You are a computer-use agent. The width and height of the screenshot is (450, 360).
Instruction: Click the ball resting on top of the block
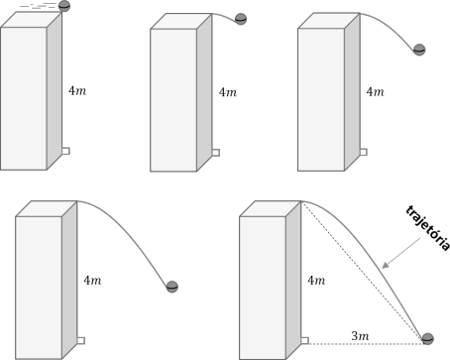(x=64, y=6)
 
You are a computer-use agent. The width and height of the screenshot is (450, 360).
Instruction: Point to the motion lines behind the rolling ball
(x=39, y=6)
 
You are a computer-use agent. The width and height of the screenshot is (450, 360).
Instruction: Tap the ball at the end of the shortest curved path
(x=241, y=19)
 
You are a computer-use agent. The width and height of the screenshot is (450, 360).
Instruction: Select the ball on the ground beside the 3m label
(x=427, y=339)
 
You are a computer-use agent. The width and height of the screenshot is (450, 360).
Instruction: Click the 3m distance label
(x=360, y=336)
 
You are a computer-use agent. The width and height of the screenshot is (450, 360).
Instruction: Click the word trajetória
(x=428, y=228)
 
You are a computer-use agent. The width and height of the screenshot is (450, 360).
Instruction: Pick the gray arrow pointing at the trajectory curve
(x=400, y=253)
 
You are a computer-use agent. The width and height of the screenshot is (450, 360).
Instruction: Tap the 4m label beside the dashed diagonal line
(x=316, y=281)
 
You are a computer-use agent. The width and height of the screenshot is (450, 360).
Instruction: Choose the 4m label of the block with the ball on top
(x=77, y=90)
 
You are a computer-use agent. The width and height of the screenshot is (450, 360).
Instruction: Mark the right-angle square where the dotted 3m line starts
(x=305, y=340)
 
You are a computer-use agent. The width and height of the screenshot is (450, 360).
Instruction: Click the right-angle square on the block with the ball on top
(x=65, y=151)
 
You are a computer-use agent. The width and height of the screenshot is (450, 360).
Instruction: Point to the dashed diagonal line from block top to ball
(x=362, y=270)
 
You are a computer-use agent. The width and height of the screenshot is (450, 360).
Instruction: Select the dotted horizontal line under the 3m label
(x=365, y=344)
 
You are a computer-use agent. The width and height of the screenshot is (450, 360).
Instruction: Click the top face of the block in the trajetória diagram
(x=271, y=209)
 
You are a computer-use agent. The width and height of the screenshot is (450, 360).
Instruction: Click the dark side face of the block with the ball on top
(x=55, y=90)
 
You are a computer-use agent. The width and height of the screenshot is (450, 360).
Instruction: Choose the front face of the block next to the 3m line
(x=263, y=288)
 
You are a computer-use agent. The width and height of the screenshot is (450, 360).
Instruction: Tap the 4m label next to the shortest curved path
(x=228, y=92)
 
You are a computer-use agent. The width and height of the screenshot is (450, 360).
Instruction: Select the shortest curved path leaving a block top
(x=225, y=16)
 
